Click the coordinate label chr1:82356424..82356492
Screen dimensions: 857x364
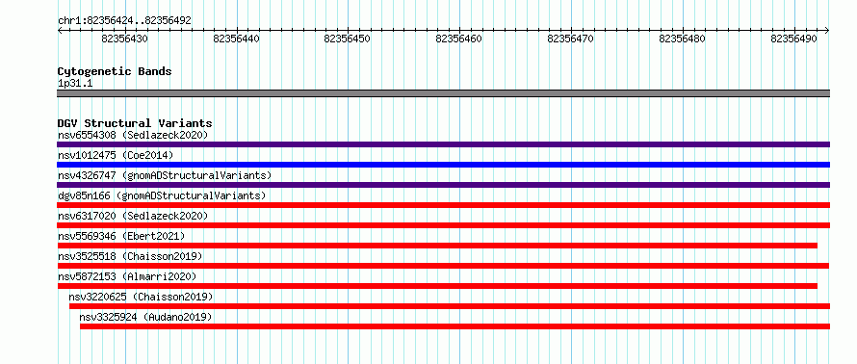[x=124, y=21]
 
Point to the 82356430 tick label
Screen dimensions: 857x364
[x=124, y=39]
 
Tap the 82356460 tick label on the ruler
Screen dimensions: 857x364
[x=459, y=39]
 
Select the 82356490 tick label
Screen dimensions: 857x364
[x=793, y=39]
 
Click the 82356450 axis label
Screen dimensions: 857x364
[x=348, y=39]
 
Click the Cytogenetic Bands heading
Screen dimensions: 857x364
[x=115, y=71]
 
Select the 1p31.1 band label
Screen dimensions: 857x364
[x=75, y=84]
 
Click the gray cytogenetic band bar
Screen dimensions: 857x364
[x=443, y=93]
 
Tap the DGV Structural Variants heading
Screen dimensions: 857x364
[x=135, y=123]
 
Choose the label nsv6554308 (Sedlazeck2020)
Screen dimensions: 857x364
[x=133, y=135]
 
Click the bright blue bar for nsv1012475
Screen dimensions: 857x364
[x=443, y=165]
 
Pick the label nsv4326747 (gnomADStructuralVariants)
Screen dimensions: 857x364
[x=165, y=175]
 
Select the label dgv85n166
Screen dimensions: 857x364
[x=84, y=195]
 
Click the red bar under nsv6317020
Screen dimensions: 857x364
[x=443, y=225]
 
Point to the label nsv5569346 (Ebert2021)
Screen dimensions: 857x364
[x=121, y=236]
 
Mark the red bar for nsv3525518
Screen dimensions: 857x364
[x=443, y=266]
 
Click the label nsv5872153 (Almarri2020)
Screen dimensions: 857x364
[x=127, y=276]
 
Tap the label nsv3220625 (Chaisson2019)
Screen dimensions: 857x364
[x=141, y=297]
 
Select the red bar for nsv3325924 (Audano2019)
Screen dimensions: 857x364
[x=454, y=326]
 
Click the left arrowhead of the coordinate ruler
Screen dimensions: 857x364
[x=59, y=31]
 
